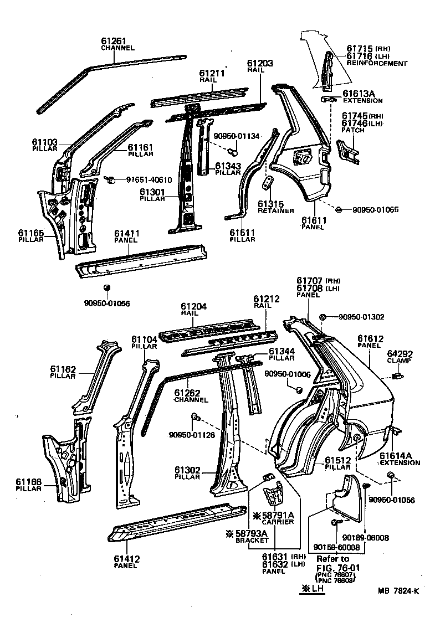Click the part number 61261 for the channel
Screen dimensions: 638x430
(113, 41)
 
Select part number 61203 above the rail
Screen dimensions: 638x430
(259, 64)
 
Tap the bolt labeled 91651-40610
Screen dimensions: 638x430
(109, 179)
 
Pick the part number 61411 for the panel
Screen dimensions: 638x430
(127, 234)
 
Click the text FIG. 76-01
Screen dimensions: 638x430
(337, 568)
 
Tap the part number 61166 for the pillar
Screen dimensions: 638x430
(29, 483)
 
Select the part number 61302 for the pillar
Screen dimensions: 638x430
(187, 470)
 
